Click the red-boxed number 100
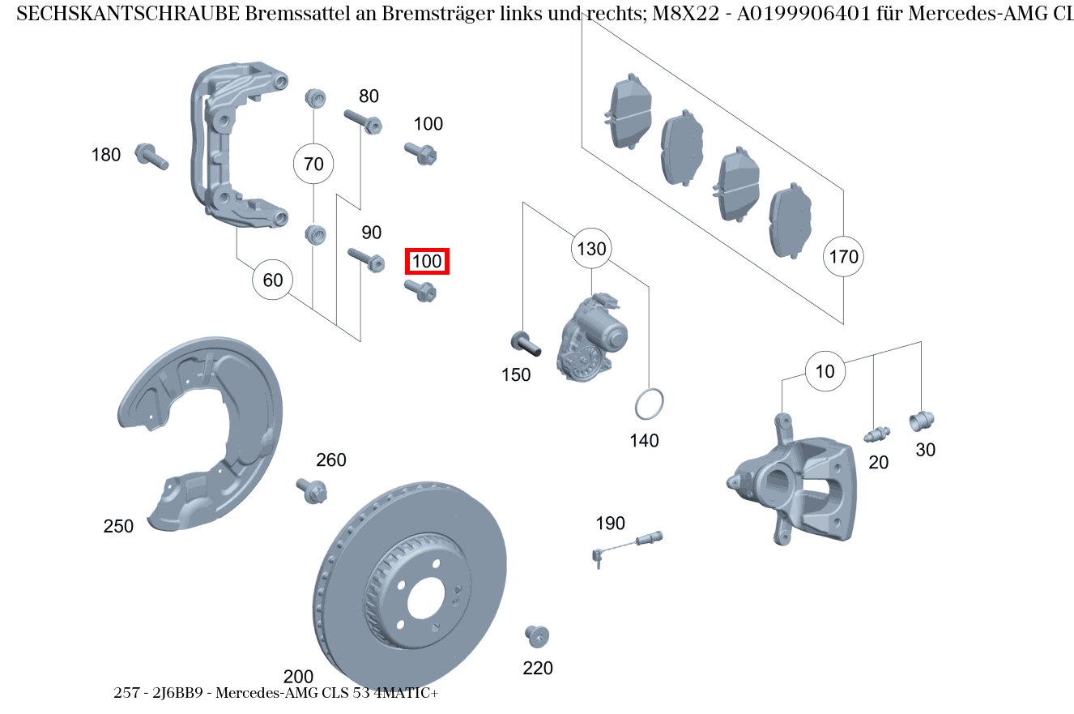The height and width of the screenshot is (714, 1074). pyautogui.click(x=427, y=262)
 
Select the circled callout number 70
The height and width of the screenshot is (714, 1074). pyautogui.click(x=313, y=165)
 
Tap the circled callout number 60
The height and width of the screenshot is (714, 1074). pyautogui.click(x=273, y=280)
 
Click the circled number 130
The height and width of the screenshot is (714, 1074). pyautogui.click(x=591, y=249)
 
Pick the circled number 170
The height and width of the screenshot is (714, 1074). pyautogui.click(x=843, y=257)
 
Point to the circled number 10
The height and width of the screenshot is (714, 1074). pyautogui.click(x=825, y=372)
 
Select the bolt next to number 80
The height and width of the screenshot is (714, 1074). pyautogui.click(x=362, y=121)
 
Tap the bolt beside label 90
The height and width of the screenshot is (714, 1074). pyautogui.click(x=365, y=259)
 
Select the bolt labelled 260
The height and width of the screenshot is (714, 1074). pyautogui.click(x=313, y=490)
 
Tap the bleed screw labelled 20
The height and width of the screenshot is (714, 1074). pyautogui.click(x=876, y=434)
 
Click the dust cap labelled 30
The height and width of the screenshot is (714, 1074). pyautogui.click(x=922, y=421)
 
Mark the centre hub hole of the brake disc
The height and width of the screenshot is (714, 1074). pyautogui.click(x=426, y=599)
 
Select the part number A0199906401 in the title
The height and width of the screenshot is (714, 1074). pyautogui.click(x=812, y=14)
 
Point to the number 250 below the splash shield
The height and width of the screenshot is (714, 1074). pyautogui.click(x=118, y=526)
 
